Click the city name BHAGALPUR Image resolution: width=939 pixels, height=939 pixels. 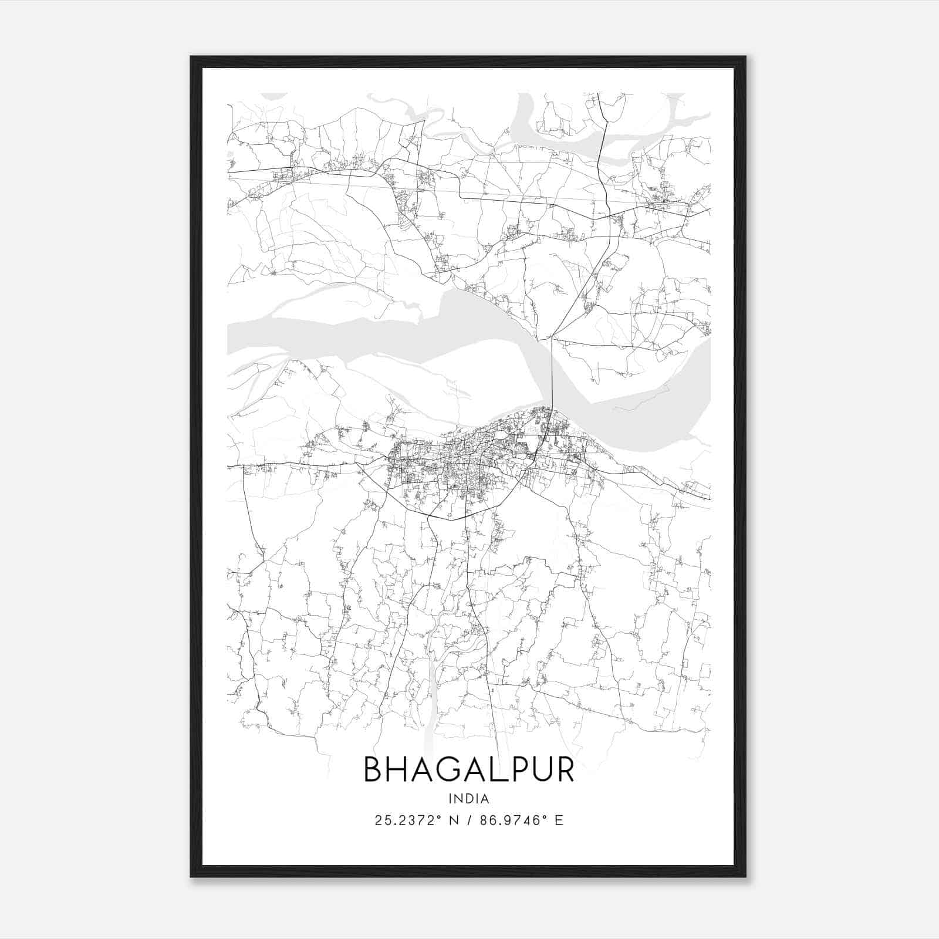coord(469,769)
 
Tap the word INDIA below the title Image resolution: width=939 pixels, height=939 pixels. coord(469,798)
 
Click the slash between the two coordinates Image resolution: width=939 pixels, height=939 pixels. coord(469,820)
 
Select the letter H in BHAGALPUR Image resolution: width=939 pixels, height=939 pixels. coord(398,769)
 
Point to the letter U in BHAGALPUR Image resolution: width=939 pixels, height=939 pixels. coord(540,769)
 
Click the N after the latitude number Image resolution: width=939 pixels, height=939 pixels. coord(454,820)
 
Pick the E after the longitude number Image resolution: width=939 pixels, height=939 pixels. coord(559,820)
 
